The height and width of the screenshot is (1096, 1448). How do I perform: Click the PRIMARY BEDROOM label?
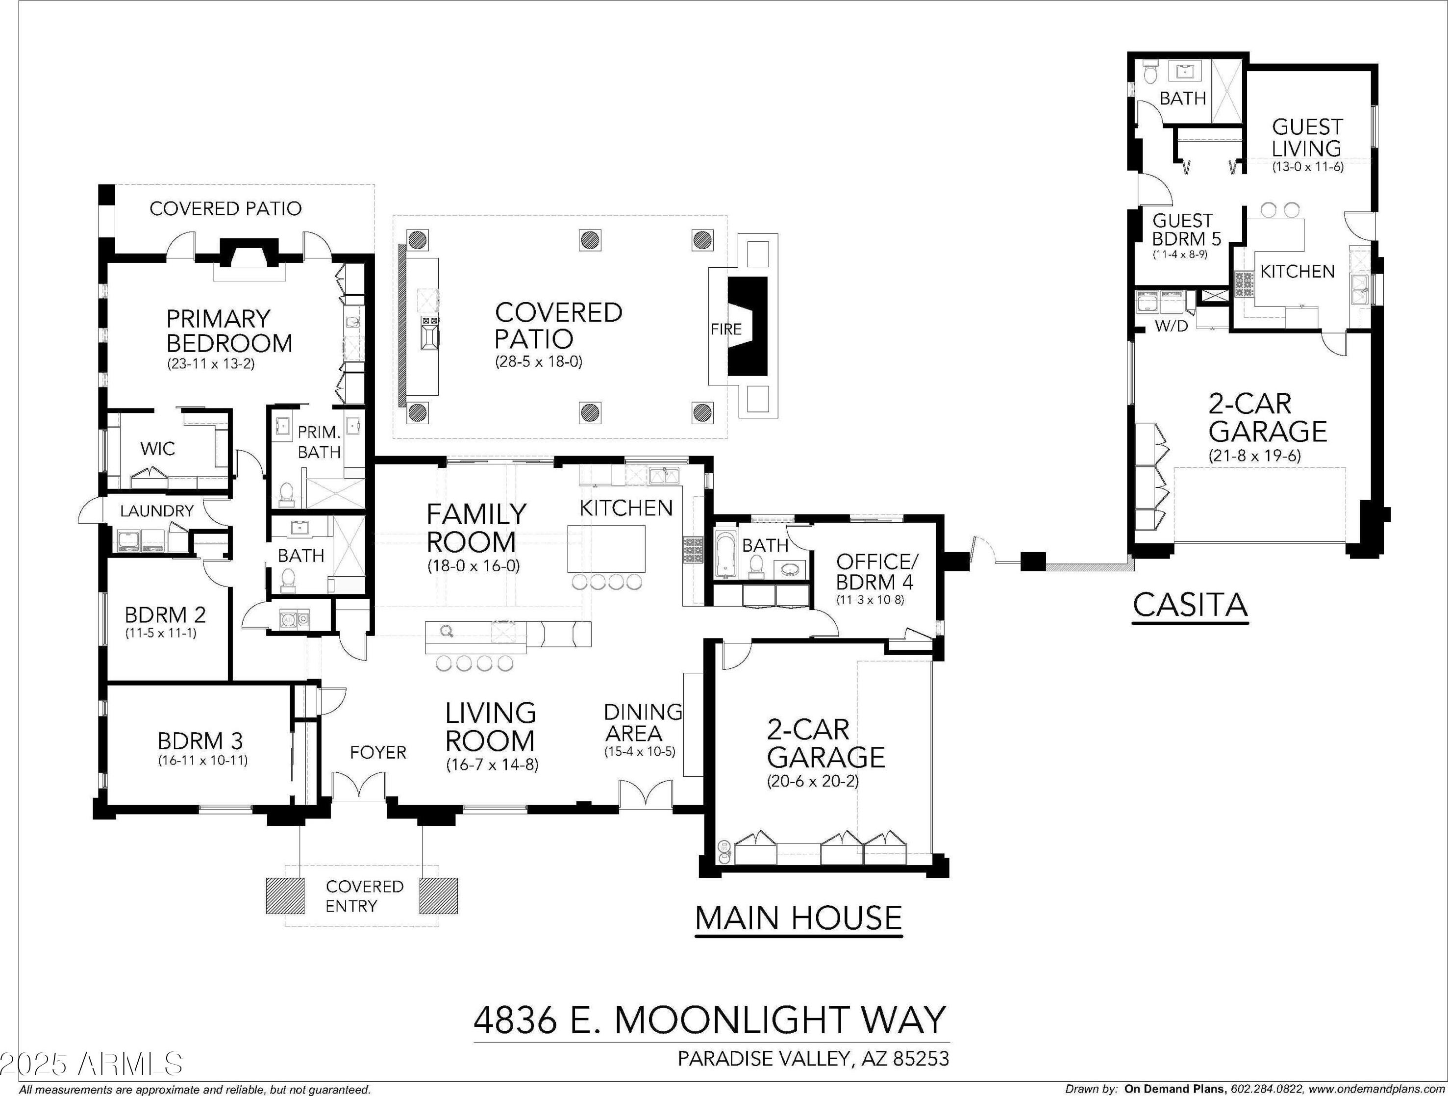pyautogui.click(x=229, y=331)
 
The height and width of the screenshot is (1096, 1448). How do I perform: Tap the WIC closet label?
pyautogui.click(x=158, y=449)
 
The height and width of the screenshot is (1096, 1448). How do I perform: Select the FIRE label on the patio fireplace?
pyautogui.click(x=726, y=329)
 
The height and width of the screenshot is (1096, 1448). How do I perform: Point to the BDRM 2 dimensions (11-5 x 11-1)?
pyautogui.click(x=160, y=633)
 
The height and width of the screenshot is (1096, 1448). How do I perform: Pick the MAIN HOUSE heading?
pyautogui.click(x=798, y=918)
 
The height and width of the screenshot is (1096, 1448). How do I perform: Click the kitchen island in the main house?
pyautogui.click(x=605, y=549)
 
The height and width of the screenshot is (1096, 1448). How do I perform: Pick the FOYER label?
pyautogui.click(x=378, y=752)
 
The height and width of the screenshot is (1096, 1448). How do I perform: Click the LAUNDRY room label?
pyautogui.click(x=157, y=510)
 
